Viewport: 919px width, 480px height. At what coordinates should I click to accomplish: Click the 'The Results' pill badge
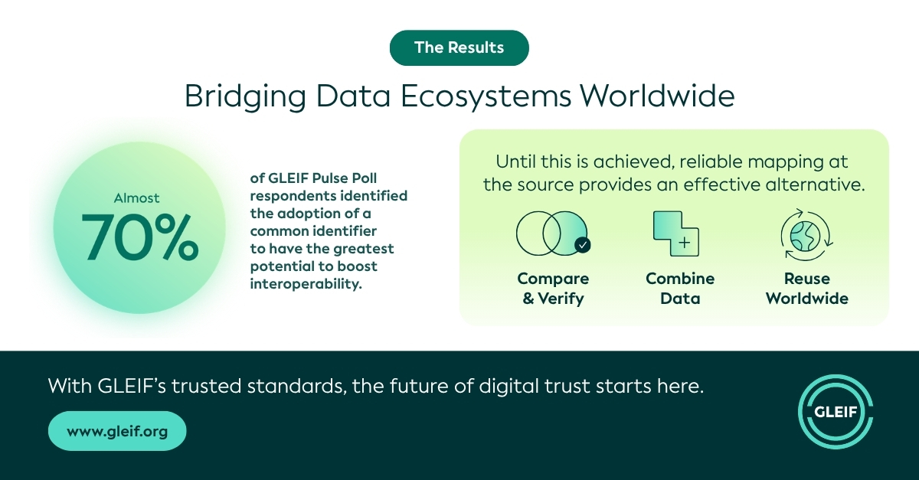coord(459,47)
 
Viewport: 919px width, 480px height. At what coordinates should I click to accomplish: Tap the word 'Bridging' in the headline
coord(245,96)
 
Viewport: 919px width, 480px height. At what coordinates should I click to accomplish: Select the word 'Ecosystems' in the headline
coord(486,96)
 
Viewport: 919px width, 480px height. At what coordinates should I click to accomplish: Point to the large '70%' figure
coord(140,237)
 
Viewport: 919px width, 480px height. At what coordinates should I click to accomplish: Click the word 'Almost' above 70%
coord(136,198)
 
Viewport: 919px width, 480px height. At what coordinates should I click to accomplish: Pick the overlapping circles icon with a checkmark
coord(553,233)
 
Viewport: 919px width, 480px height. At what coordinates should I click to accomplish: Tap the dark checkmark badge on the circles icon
coord(583,245)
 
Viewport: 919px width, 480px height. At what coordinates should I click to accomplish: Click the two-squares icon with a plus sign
coord(675,233)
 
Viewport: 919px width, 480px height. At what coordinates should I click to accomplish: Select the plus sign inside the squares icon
coord(685,243)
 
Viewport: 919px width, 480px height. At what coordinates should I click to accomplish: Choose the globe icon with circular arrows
coord(806,235)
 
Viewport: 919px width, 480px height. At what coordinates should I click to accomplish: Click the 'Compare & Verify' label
coord(553,289)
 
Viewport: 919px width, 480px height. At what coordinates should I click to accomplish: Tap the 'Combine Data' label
coord(680,289)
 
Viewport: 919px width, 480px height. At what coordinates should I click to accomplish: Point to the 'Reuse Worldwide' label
coord(807,289)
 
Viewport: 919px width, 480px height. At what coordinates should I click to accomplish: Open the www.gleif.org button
coord(117,431)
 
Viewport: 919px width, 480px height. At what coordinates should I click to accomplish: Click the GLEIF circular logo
coord(836,412)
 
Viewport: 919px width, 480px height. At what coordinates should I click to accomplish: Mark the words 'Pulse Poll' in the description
coord(345,178)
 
